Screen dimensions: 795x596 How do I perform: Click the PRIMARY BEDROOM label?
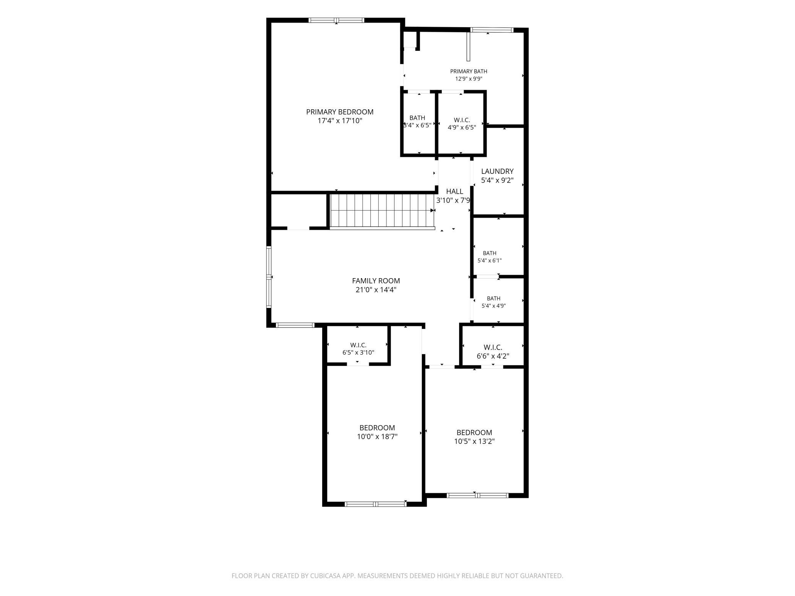pyautogui.click(x=339, y=112)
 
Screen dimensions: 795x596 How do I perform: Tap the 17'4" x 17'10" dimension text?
pyautogui.click(x=339, y=121)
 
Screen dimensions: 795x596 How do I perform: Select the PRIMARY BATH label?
pyautogui.click(x=469, y=71)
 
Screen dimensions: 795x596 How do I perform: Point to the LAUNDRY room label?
pyautogui.click(x=497, y=172)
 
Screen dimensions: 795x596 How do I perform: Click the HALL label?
pyautogui.click(x=454, y=191)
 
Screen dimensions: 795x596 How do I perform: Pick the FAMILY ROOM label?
pyautogui.click(x=376, y=281)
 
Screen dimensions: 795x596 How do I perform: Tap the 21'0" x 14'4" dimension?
pyautogui.click(x=376, y=290)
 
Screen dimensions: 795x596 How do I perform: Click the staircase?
pyautogui.click(x=382, y=211)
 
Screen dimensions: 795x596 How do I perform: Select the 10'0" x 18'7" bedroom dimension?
pyautogui.click(x=377, y=437)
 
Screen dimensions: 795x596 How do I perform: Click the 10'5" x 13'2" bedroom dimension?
pyautogui.click(x=474, y=441)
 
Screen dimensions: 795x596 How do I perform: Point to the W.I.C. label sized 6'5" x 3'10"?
pyautogui.click(x=358, y=345)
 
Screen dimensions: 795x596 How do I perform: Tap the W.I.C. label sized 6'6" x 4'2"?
pyautogui.click(x=493, y=347)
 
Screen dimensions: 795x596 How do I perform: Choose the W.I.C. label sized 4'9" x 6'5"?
pyautogui.click(x=462, y=120)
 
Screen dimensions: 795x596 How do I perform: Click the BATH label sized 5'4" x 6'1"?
pyautogui.click(x=490, y=253)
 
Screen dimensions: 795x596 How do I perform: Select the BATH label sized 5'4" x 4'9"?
pyautogui.click(x=493, y=298)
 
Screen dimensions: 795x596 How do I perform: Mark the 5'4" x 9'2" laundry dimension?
pyautogui.click(x=497, y=180)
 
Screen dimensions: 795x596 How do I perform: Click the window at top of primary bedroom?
pyautogui.click(x=336, y=20)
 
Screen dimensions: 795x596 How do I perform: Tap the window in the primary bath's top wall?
pyautogui.click(x=492, y=30)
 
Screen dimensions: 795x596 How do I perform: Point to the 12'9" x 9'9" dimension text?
pyautogui.click(x=469, y=79)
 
